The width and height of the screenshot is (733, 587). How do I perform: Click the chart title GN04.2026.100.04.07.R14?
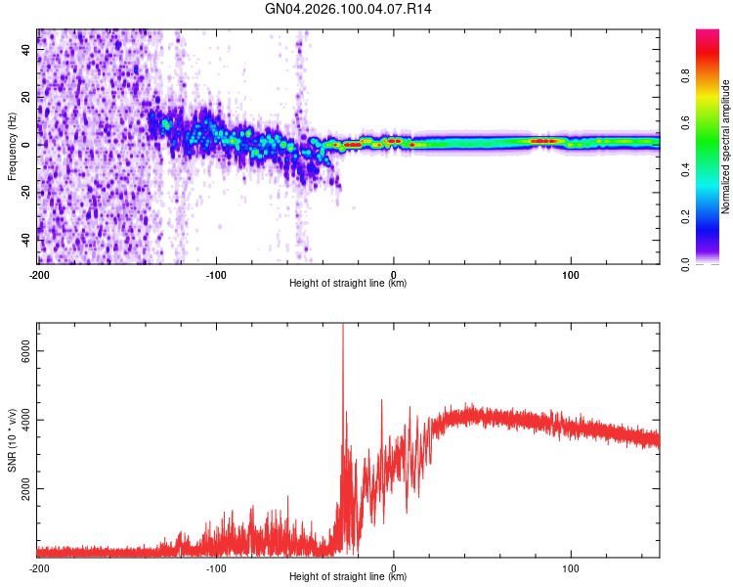click(349, 9)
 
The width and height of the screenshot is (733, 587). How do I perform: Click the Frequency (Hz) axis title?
click(12, 147)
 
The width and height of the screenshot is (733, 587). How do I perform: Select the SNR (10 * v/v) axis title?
click(12, 440)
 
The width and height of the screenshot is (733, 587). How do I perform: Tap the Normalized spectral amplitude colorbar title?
click(726, 147)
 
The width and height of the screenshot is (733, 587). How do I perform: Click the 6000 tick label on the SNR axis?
click(27, 352)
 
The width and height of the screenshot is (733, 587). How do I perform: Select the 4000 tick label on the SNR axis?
click(27, 421)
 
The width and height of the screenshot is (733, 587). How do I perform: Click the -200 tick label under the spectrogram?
click(39, 273)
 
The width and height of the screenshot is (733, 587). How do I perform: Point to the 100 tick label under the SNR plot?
click(571, 566)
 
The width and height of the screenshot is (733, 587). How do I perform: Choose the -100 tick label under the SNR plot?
click(216, 566)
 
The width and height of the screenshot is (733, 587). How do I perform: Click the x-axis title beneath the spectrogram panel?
click(348, 284)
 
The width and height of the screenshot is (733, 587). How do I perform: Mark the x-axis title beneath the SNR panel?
click(348, 577)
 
